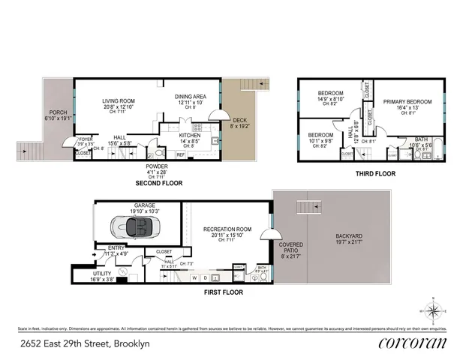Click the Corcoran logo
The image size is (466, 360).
[x=413, y=343]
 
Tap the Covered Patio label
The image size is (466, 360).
[x=291, y=247]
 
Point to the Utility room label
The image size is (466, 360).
[x=102, y=275]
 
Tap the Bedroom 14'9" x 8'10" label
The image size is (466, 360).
[x=330, y=95]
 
